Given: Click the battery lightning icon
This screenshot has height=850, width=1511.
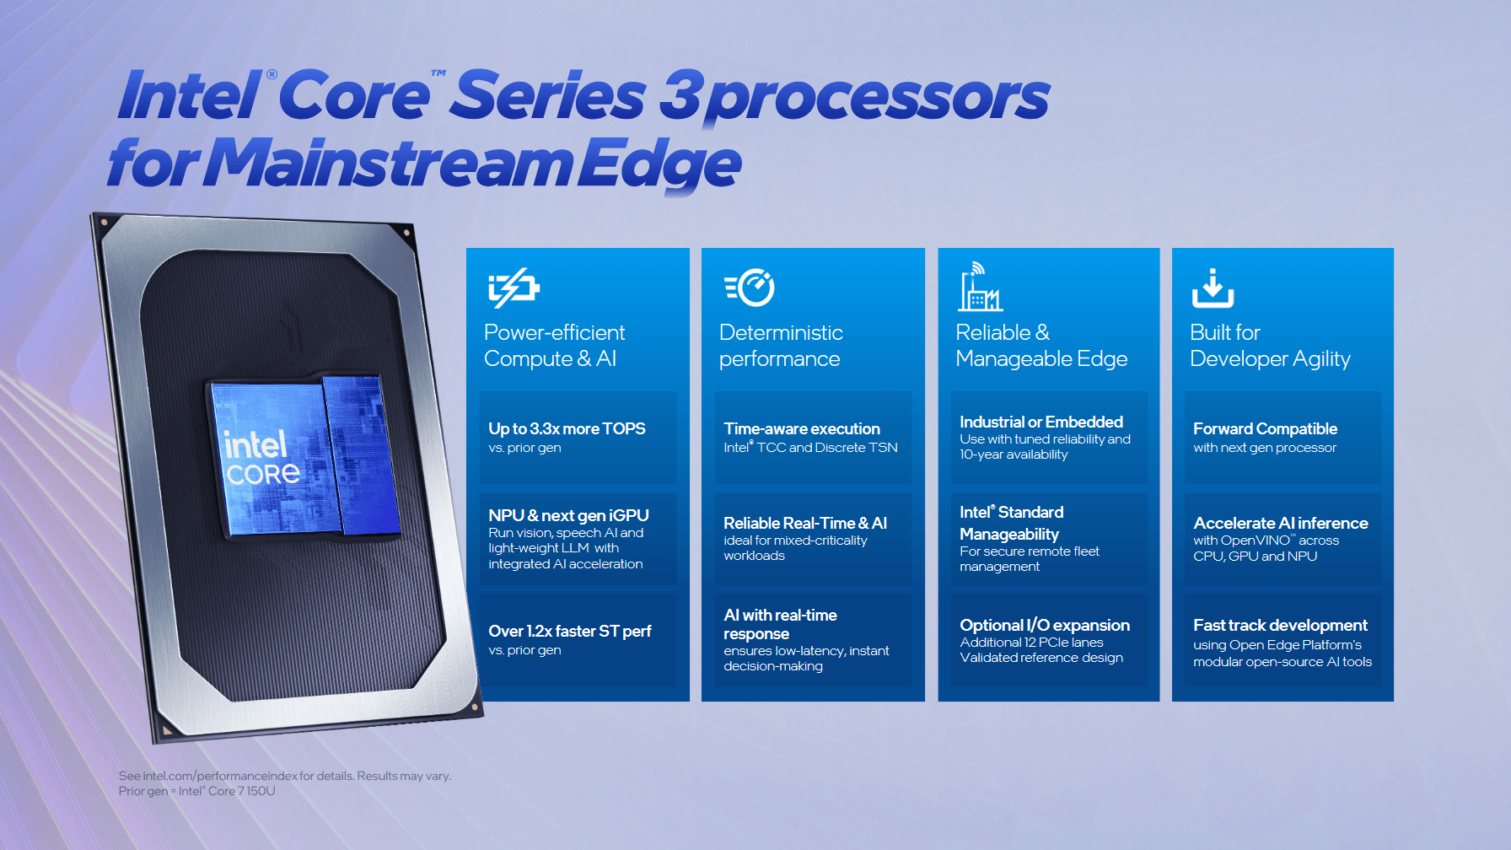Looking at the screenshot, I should (514, 288).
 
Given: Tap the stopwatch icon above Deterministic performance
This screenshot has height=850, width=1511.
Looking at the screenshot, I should (750, 288).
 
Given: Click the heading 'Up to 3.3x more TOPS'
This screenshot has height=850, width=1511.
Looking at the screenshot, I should (567, 428).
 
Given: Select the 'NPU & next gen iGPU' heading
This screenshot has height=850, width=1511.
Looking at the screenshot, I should (568, 515).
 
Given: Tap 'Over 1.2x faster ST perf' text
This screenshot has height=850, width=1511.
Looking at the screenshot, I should (569, 631).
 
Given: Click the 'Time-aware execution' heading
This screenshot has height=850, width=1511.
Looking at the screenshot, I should (801, 428).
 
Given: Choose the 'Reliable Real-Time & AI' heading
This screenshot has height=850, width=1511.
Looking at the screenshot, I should (804, 523).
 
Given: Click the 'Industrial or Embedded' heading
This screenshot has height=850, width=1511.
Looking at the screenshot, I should (1040, 422).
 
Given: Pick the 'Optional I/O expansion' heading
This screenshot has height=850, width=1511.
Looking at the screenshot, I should (1044, 625).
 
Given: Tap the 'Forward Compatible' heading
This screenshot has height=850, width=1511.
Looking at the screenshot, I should (1265, 428).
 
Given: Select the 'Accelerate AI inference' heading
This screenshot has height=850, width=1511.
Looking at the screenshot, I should (1280, 523).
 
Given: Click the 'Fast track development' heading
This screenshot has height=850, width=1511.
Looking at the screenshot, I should (1280, 625).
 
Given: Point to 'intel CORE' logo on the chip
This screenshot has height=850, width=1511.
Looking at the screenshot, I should (261, 459).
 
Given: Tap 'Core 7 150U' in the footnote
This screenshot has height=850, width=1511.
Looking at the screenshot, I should (242, 791).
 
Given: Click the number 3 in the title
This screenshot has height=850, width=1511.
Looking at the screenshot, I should (680, 95).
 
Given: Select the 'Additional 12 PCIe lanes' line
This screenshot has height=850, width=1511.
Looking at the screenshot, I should (1031, 643).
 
